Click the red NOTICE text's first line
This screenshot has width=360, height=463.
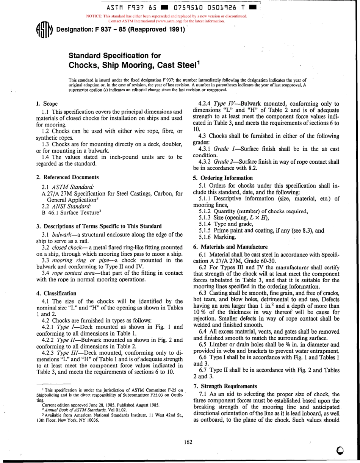click(167, 16)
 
